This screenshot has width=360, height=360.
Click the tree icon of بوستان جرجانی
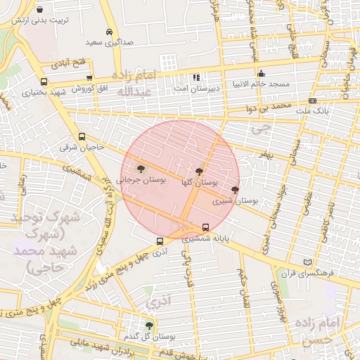141,169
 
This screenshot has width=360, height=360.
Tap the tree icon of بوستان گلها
199,171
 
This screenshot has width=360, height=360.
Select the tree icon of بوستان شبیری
235,190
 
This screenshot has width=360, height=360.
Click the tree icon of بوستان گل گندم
149,325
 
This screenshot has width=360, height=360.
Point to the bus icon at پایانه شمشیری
205,227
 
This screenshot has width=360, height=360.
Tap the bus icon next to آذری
160,241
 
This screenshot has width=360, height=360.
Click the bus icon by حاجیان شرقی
82,136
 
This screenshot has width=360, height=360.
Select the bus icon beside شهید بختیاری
44,82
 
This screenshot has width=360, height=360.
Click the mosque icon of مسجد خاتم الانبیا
262,72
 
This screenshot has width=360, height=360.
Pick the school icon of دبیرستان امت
196,77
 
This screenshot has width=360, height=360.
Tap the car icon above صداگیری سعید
109,32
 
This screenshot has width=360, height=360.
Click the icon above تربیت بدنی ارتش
39,10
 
